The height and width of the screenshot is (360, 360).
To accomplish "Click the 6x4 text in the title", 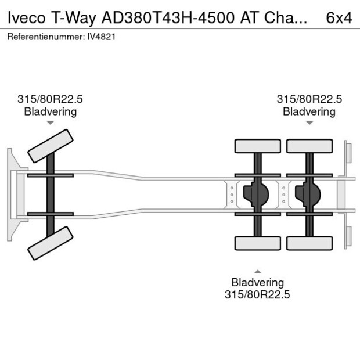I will [339, 17].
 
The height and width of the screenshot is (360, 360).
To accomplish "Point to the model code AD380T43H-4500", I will [169, 17].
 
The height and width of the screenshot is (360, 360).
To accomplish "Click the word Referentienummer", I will [43, 37].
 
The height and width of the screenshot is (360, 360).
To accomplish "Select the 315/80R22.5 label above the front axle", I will [51, 100].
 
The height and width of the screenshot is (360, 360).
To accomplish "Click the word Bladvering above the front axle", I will [51, 111].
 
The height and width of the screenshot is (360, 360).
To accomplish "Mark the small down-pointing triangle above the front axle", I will [51, 123].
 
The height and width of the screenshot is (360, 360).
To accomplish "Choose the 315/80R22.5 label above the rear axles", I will [309, 100].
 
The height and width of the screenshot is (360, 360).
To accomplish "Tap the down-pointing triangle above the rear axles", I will [309, 123].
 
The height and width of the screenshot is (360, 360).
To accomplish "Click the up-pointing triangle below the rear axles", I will [257, 271].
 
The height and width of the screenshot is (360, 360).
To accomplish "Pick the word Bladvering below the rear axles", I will [257, 283].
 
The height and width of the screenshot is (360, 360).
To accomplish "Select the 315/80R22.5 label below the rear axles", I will [257, 294].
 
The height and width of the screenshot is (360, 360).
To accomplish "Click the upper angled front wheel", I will [51, 146].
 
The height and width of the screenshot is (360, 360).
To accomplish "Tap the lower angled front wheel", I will [51, 242].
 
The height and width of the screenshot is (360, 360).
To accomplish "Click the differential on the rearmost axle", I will [308, 195].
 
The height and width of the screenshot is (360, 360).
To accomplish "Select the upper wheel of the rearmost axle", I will [309, 146].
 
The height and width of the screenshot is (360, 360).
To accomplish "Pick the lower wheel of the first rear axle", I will [257, 243].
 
